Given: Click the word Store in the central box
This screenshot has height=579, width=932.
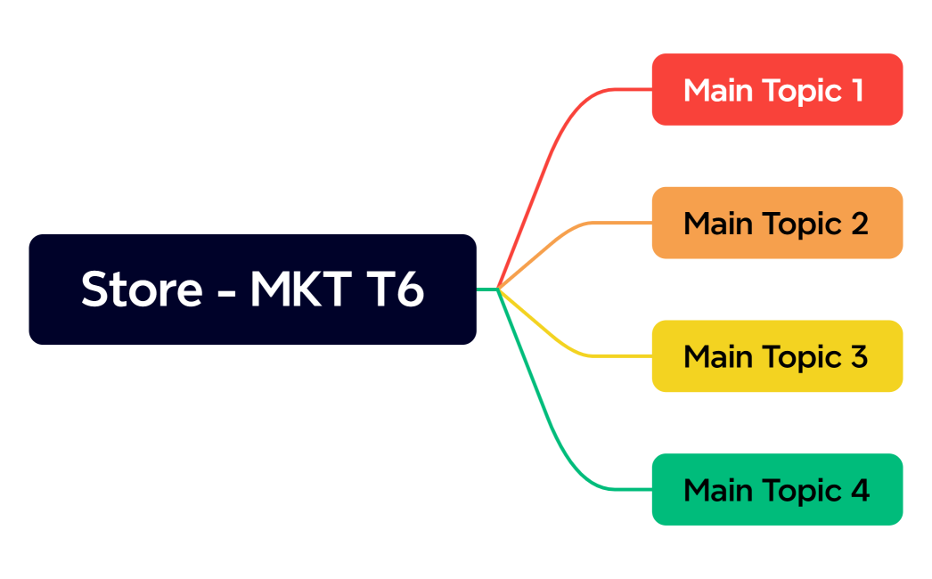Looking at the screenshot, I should [x=142, y=289].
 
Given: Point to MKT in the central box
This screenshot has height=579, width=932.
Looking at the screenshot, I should [x=298, y=289].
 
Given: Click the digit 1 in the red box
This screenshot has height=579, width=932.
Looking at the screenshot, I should [x=856, y=90].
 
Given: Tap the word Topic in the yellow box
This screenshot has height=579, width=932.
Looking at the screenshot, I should [x=801, y=358].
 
